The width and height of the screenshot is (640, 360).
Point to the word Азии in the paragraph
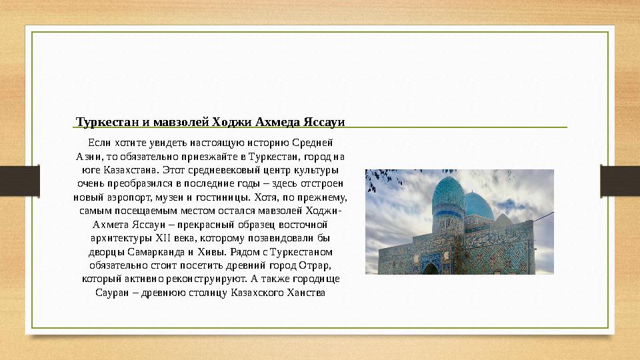[x=88, y=156]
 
